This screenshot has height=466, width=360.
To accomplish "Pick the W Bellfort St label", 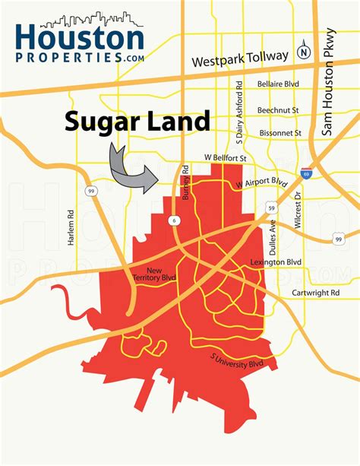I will pos(226,157).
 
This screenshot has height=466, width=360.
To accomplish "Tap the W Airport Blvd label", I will pos(261,183).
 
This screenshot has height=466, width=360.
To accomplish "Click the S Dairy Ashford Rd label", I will pos(239,113).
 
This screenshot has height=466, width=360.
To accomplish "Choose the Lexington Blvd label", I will pos(276,262).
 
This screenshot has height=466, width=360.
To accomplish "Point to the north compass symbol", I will pos(303,52).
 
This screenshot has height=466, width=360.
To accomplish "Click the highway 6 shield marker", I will pos(174,219).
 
